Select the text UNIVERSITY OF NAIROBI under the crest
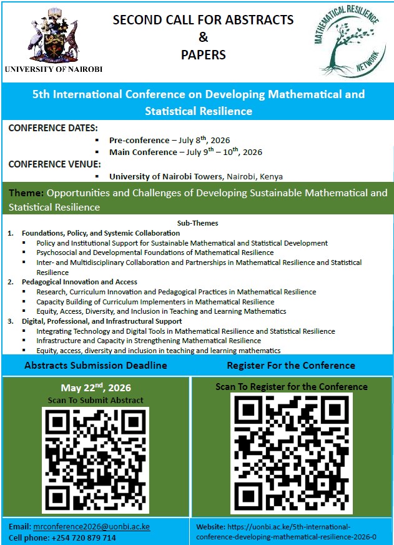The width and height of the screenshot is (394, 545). [x=53, y=69]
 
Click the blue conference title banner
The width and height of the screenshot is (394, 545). [x=197, y=102]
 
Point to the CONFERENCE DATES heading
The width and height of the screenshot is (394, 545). [x=49, y=127]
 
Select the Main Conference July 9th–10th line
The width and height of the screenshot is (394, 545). [x=185, y=152]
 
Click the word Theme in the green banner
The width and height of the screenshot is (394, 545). [x=26, y=193]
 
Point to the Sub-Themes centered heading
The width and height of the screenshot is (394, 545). [x=198, y=223]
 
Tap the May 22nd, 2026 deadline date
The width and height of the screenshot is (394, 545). [x=95, y=387]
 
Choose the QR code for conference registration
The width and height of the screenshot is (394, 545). [x=292, y=454]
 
